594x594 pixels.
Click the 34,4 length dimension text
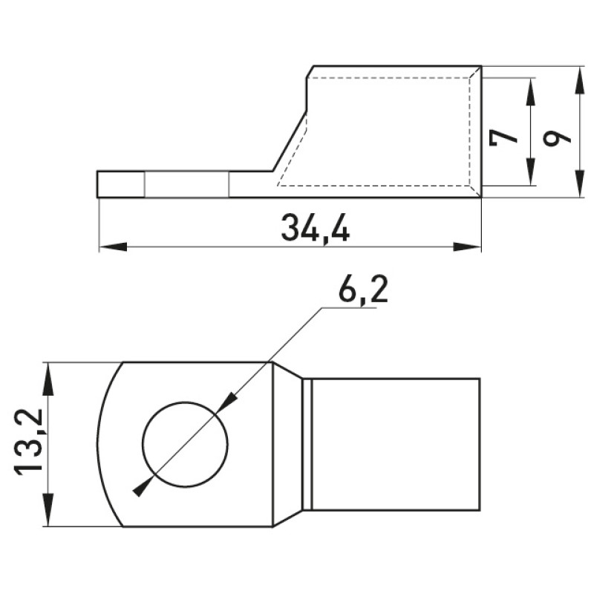pos(315,227)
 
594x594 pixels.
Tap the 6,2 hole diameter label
pos(363,288)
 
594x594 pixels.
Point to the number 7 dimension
pos(503,138)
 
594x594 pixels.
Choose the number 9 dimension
pos(556,138)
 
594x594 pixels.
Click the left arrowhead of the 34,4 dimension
pos(113,247)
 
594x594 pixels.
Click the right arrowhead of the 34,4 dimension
pos(467,247)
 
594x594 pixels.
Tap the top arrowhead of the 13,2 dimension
pos(48,376)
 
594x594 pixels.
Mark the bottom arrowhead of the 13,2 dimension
pos(48,512)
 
